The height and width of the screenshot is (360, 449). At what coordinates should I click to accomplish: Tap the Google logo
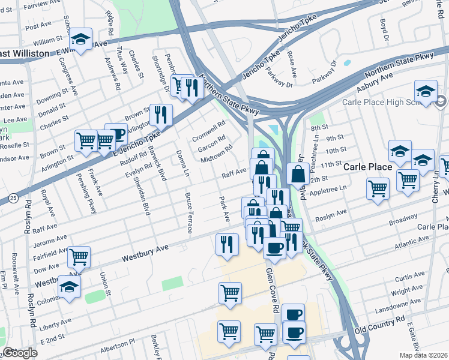tap(20, 353)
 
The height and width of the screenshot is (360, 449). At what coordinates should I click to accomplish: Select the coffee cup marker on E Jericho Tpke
tap(116, 134)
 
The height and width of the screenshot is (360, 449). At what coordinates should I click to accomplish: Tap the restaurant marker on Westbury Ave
tap(227, 243)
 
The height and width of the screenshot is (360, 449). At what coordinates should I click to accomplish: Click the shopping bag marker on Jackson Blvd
tap(298, 174)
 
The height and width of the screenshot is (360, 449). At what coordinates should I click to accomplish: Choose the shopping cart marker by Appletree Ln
tap(378, 188)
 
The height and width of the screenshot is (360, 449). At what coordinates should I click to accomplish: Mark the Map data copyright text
tap(426, 355)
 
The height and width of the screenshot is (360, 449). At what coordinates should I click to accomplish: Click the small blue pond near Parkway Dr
tap(346, 62)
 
